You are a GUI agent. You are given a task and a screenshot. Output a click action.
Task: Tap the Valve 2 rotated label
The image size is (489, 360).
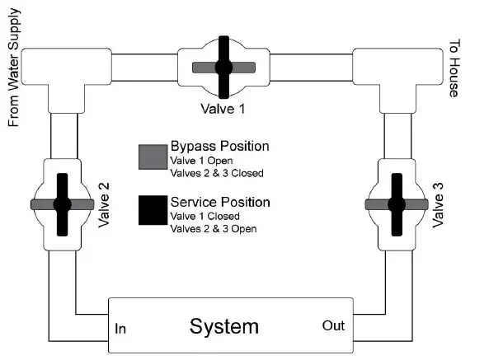pos(104,204)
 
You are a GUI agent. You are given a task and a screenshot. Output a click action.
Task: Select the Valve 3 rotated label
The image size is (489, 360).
pos(437,203)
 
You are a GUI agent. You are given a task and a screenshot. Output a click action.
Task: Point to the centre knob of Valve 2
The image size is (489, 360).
pos(61,203)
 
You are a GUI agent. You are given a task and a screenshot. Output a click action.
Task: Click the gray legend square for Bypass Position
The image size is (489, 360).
pos(152,156)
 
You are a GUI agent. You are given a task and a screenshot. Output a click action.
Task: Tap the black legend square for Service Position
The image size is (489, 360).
pos(152,212)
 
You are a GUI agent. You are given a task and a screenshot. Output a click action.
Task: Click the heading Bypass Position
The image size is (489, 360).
pos(219,146)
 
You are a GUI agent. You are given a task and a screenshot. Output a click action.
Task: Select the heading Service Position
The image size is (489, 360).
pos(219,202)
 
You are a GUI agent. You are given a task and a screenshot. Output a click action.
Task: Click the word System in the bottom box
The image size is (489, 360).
pos(223,326)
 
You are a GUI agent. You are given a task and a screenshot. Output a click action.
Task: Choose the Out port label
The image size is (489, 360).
pos(333,326)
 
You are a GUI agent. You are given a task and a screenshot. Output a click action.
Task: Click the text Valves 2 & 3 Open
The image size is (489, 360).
pos(212,228)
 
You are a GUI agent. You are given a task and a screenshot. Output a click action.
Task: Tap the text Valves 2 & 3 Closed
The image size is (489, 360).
pos(215,172)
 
